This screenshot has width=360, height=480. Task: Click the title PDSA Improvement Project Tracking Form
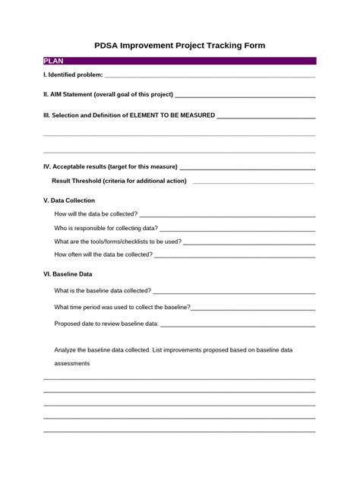179,46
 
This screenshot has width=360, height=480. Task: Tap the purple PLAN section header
179,60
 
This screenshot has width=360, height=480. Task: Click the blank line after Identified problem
210,77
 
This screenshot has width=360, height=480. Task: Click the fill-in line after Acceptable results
248,168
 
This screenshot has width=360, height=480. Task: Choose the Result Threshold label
119,181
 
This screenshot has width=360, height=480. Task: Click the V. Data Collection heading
69,201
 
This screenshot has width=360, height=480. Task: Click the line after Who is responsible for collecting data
237,229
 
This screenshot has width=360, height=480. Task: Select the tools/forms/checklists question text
118,242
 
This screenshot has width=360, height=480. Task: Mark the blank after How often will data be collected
235,255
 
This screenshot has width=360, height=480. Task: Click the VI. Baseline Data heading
68,274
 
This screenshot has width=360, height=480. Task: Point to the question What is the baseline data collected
103,290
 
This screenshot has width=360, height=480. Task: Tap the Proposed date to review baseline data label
106,324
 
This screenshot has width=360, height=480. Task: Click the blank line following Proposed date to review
238,325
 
